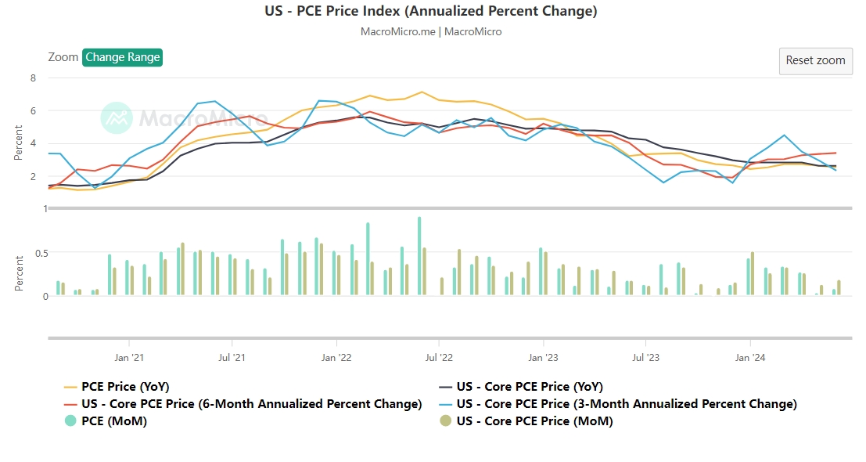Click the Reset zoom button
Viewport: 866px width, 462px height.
815,60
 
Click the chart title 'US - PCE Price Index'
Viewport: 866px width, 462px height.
431,11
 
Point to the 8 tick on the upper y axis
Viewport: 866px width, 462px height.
33,78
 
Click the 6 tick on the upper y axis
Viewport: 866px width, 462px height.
33,110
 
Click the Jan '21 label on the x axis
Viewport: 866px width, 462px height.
128,358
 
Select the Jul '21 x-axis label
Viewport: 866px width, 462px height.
232,358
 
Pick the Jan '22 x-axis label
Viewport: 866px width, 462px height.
336,358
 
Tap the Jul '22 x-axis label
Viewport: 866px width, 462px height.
439,358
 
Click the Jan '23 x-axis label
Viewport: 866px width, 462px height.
543,358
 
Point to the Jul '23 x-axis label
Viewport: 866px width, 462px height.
645,358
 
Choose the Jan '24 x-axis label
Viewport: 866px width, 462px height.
749,358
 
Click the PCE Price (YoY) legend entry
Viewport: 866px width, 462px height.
125,387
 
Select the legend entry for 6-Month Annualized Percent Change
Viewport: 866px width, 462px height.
251,404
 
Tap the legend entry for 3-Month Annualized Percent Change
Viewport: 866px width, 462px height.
626,404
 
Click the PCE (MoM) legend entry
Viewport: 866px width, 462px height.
114,421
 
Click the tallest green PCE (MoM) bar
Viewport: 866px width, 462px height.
419,256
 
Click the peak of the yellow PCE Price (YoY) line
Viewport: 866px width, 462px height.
422,92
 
